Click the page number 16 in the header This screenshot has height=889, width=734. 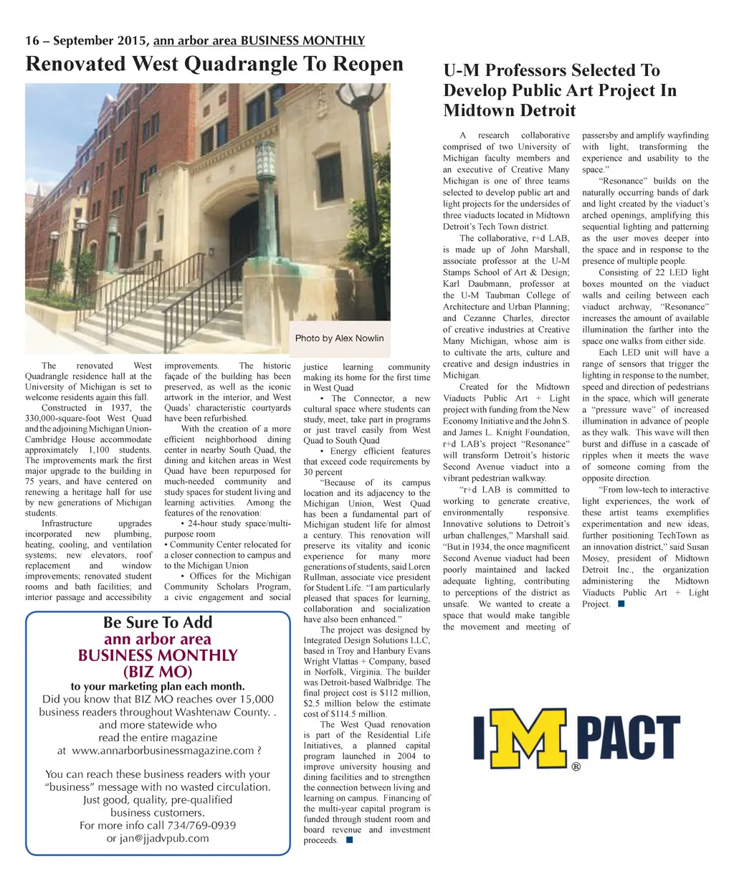pyautogui.click(x=32, y=41)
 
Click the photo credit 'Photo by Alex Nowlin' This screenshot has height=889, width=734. pyautogui.click(x=339, y=338)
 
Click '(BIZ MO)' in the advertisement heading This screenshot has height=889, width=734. pyautogui.click(x=158, y=672)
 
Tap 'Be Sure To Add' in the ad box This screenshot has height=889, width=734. pyautogui.click(x=158, y=622)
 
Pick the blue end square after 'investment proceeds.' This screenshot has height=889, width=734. pyautogui.click(x=349, y=840)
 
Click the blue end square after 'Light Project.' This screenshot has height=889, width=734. pyautogui.click(x=621, y=604)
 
